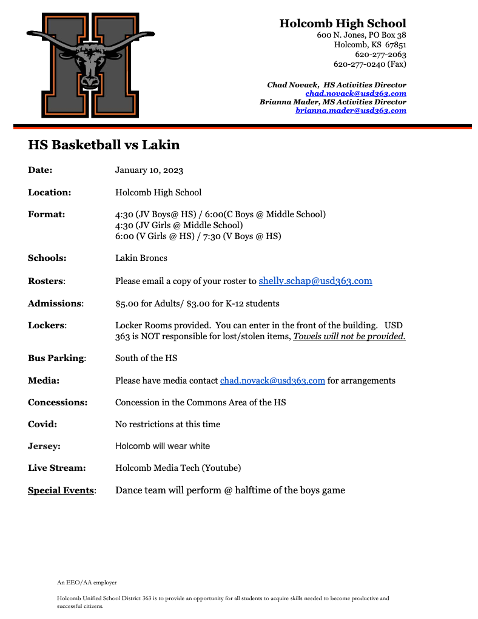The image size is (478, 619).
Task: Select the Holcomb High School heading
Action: click(342, 24)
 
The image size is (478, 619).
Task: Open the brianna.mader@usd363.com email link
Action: click(351, 110)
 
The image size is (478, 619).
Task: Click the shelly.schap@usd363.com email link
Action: click(315, 281)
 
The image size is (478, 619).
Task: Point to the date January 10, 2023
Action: click(149, 171)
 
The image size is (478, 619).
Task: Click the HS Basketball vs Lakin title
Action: click(104, 145)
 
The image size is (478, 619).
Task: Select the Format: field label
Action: click(47, 214)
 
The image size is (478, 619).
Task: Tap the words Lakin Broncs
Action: click(141, 258)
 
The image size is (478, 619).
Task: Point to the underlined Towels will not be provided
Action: click(349, 336)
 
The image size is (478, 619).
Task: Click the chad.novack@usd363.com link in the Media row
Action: click(272, 381)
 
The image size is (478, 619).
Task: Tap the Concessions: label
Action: click(58, 402)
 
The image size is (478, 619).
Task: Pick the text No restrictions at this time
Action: click(167, 424)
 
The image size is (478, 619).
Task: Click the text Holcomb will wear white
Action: click(163, 446)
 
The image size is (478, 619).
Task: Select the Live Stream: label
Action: click(56, 468)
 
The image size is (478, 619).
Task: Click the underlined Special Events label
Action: click(61, 490)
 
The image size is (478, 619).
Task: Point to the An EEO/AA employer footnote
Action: click(87, 583)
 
